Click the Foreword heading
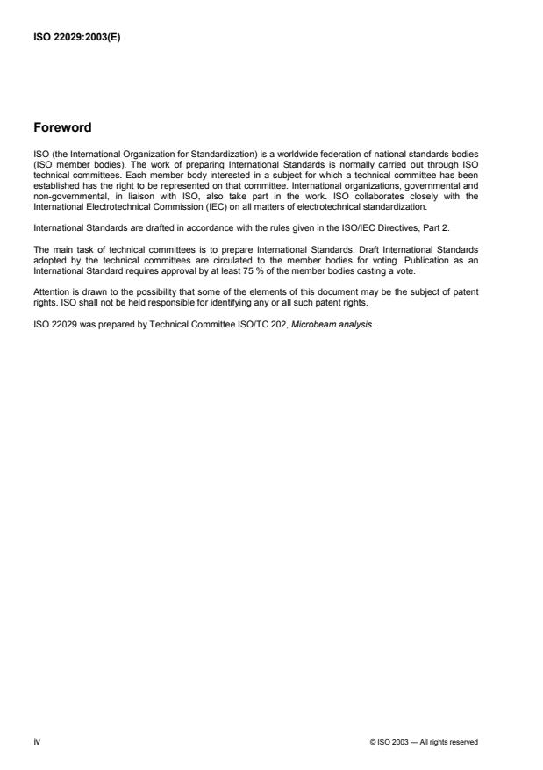[61, 127]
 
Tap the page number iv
[36, 742]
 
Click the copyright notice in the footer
[424, 742]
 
